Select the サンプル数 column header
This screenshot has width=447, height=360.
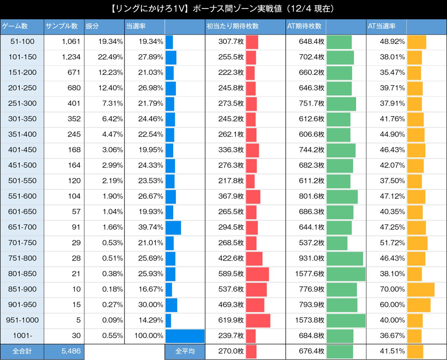(61, 26)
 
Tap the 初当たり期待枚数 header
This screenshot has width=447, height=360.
(232, 26)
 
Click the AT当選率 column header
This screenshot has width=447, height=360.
(381, 26)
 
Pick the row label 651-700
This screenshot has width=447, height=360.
(22, 227)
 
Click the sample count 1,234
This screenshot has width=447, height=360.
(71, 57)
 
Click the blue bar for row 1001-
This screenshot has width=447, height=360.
(185, 336)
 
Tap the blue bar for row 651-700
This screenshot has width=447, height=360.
(173, 227)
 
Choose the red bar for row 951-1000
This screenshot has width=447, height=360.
(258, 320)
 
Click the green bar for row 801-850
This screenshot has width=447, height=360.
(346, 274)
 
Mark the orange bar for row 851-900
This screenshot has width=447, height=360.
(421, 289)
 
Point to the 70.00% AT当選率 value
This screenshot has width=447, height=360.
(391, 289)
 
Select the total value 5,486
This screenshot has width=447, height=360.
(71, 351)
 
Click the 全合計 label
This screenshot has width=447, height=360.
(22, 351)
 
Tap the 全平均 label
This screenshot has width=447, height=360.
(185, 351)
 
